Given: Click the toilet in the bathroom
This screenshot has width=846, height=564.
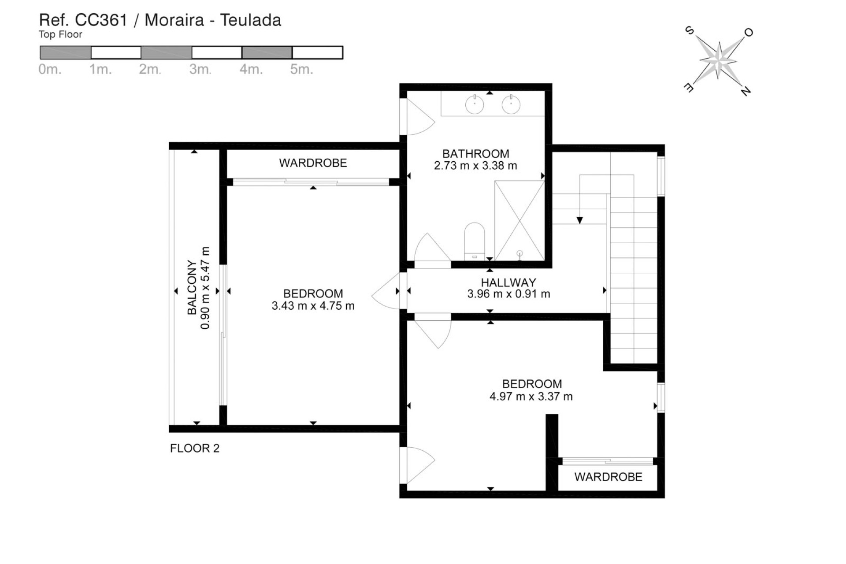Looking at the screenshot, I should (x=475, y=241).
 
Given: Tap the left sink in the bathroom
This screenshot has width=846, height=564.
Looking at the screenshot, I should (x=475, y=105).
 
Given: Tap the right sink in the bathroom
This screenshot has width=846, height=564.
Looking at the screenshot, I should (x=511, y=105).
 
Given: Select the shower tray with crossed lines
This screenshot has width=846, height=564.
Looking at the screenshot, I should (x=519, y=220).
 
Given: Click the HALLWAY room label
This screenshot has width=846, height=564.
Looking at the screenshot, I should (x=508, y=282).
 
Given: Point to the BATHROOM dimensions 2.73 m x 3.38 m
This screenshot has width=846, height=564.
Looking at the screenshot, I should (x=475, y=166).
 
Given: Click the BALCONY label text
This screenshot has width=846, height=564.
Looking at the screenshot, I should (x=192, y=287).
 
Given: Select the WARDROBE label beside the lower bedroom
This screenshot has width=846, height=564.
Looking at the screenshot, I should (x=608, y=477).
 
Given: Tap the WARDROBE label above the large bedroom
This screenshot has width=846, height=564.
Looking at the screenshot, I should (x=313, y=163).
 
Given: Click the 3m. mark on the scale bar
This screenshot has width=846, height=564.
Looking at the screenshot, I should (x=200, y=69).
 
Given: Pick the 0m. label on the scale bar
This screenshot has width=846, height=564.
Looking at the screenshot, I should (x=50, y=69).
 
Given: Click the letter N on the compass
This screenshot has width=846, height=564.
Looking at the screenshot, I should (x=745, y=91).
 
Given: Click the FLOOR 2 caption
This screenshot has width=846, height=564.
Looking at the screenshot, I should (x=195, y=448).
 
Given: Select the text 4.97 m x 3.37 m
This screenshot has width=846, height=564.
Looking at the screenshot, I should (x=531, y=397).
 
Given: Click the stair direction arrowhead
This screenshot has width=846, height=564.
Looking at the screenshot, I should (x=580, y=220).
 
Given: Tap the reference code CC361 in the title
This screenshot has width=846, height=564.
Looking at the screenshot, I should (x=101, y=20).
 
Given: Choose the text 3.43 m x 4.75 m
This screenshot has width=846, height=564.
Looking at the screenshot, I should (x=313, y=306).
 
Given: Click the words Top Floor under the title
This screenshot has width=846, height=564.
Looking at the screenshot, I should (x=60, y=34).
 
